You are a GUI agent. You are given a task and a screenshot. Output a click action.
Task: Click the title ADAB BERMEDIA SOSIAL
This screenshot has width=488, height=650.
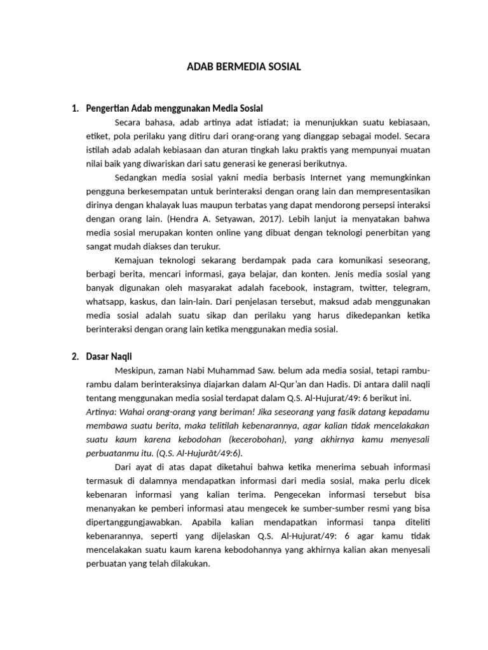(244, 66)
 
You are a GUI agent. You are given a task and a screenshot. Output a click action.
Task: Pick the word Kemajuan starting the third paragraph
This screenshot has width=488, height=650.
(135, 260)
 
